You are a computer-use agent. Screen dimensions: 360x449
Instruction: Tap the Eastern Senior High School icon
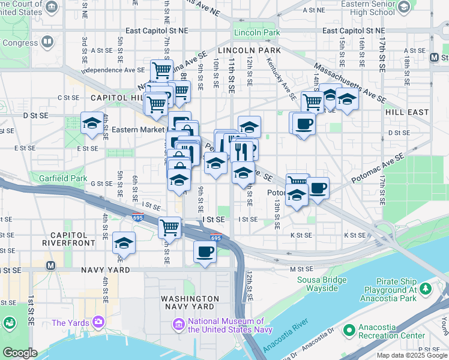[x=404, y=7]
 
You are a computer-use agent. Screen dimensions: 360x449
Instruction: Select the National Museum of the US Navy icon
[x=178, y=325]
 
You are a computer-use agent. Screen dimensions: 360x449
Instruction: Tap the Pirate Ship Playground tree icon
[x=426, y=289]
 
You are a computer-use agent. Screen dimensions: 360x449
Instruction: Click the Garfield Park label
[x=59, y=178]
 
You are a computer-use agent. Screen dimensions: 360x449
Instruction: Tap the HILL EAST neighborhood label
[x=408, y=112]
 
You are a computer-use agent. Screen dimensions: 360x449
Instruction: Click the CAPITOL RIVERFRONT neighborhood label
[x=68, y=239]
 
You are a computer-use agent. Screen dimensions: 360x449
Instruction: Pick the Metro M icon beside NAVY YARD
[x=51, y=265]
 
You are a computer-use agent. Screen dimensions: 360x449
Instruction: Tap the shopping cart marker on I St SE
[x=170, y=227]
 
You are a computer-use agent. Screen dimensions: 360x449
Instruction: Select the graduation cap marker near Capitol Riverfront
[x=124, y=242]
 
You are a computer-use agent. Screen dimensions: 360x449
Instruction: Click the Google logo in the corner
[x=19, y=353]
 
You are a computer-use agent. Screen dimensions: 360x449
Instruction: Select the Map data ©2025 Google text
[x=412, y=355]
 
